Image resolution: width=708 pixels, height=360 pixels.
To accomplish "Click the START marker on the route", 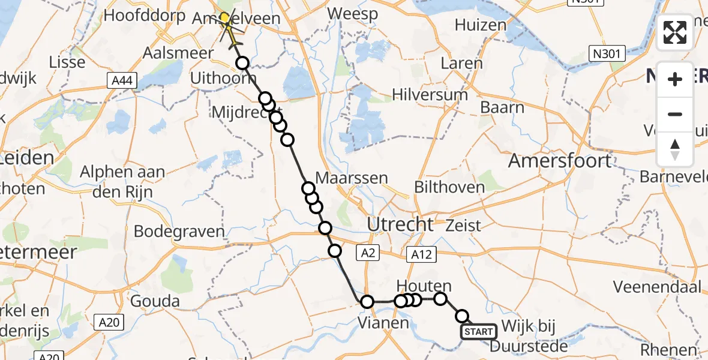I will (478, 332).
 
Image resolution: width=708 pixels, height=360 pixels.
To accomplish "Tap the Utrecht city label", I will (400, 224).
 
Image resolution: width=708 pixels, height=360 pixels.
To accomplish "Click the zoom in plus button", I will (675, 79).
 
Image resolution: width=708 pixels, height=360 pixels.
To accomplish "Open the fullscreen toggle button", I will (675, 32).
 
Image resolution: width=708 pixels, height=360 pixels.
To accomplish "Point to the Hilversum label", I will (429, 95).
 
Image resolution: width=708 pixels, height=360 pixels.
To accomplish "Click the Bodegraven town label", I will (179, 232).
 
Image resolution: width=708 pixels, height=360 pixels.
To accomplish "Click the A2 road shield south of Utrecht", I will (368, 253).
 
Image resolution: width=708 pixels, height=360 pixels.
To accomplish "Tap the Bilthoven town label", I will (449, 187).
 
